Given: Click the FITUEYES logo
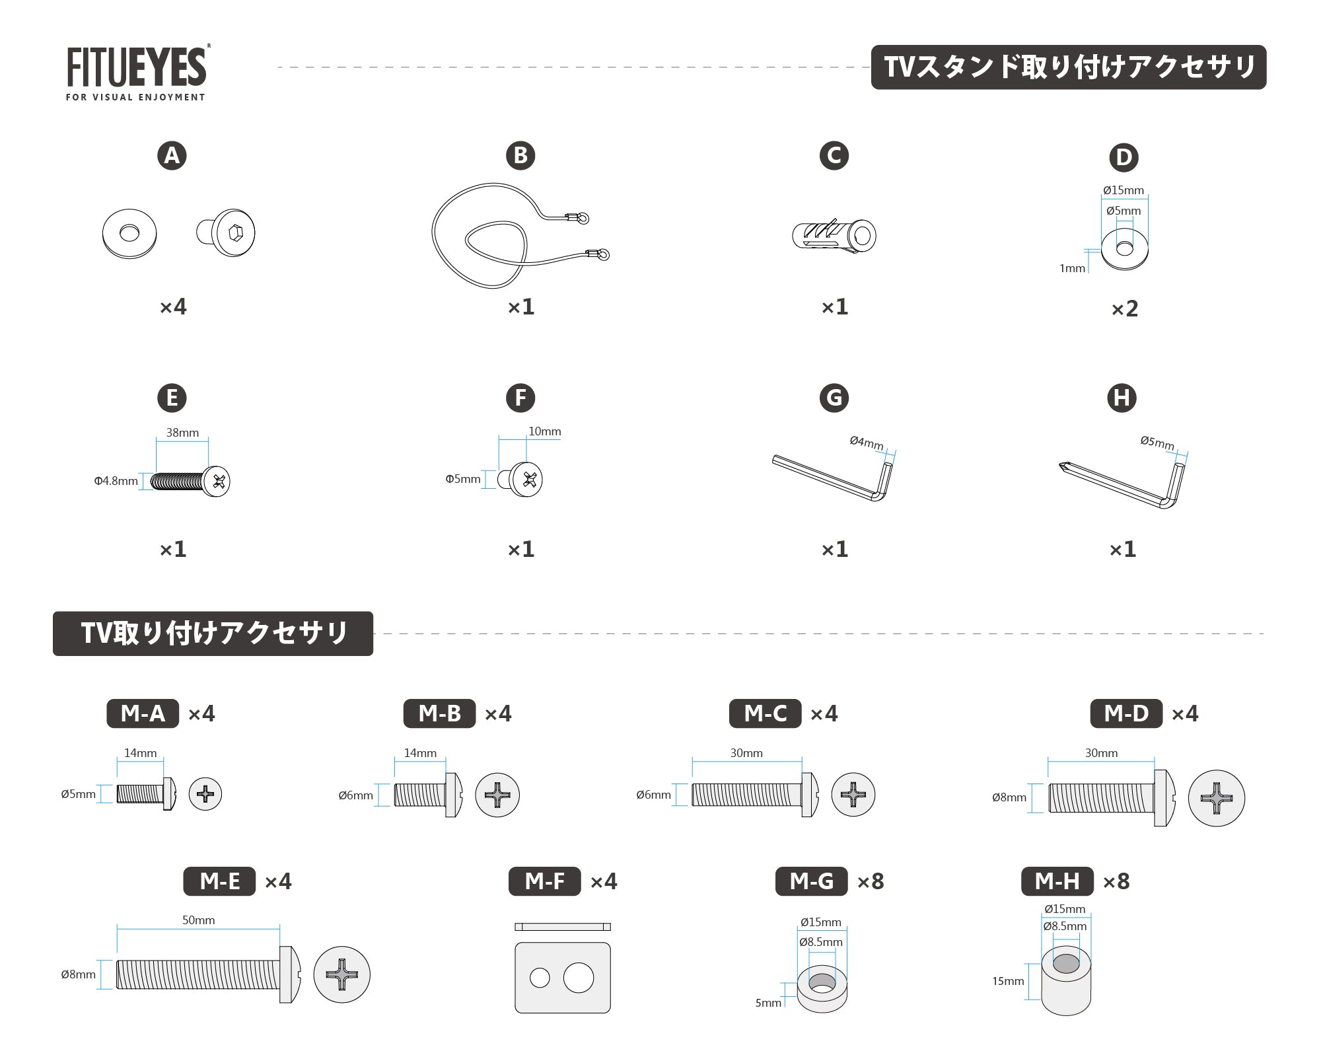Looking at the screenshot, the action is click(137, 73).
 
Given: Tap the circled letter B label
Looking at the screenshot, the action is click(520, 155).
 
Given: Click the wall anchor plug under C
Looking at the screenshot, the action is click(834, 236).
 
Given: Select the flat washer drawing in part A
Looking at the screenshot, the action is click(129, 234).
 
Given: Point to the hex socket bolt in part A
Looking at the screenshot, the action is click(226, 233).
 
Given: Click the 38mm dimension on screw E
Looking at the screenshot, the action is click(182, 433).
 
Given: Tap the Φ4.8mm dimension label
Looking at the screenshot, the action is click(116, 481).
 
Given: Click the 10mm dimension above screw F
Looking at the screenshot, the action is click(544, 431).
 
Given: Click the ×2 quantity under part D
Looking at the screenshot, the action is click(1124, 309).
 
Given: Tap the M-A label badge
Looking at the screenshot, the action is click(143, 713).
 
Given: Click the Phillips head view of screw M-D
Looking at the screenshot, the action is click(1216, 798).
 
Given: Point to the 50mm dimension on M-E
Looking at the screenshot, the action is click(198, 920).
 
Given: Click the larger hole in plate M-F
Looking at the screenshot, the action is click(579, 978).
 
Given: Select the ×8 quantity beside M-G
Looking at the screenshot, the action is click(871, 881).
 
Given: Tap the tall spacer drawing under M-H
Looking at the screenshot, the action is click(1066, 981).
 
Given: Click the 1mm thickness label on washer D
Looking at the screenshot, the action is click(1073, 268).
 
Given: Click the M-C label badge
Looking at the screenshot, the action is click(766, 713).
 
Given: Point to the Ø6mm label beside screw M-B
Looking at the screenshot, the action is click(355, 795).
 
